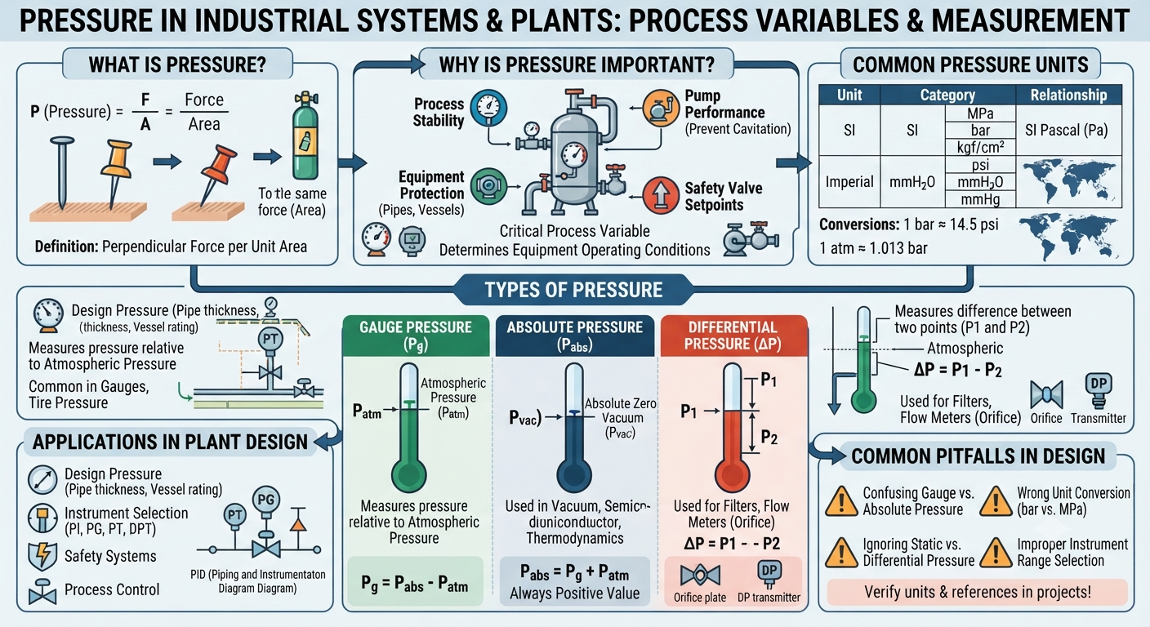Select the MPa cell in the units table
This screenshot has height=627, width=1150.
tap(980, 113)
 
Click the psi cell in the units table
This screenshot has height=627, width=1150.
tap(980, 165)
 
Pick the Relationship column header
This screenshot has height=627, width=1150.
tap(1068, 95)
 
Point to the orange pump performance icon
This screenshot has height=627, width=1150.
tap(661, 109)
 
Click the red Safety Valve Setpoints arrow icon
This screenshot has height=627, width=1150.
tap(661, 195)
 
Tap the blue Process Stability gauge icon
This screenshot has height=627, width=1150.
tap(488, 108)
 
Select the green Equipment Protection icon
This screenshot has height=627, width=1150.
tap(488, 186)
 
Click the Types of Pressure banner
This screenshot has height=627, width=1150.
tap(573, 290)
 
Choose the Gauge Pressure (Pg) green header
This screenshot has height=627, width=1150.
tap(416, 336)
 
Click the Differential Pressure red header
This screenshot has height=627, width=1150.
tap(733, 336)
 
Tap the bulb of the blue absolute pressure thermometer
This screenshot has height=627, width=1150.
tap(574, 475)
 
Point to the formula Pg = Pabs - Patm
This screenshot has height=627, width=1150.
tap(415, 584)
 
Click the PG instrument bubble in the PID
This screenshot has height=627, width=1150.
tap(266, 500)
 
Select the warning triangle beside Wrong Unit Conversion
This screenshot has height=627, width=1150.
tap(996, 501)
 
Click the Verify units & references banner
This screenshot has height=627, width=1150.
tap(978, 592)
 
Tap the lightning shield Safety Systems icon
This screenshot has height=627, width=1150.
tap(42, 556)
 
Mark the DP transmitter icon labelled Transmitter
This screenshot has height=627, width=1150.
tap(1099, 391)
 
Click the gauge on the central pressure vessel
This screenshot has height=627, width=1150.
tap(574, 154)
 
